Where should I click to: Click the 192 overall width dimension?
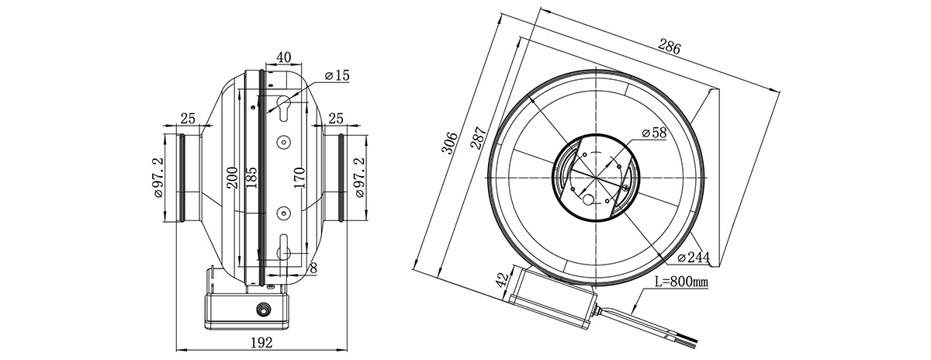pyautogui.click(x=262, y=343)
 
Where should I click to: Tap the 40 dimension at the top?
pyautogui.click(x=283, y=57)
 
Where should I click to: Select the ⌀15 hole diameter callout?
pyautogui.click(x=338, y=76)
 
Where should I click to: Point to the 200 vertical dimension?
pyautogui.click(x=232, y=178)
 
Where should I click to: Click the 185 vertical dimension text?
pyautogui.click(x=251, y=178)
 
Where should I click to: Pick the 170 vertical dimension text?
pyautogui.click(x=299, y=178)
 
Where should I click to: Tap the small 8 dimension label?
pyautogui.click(x=313, y=268)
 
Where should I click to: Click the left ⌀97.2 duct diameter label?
pyautogui.click(x=160, y=178)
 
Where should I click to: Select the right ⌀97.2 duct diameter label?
pyautogui.click(x=358, y=178)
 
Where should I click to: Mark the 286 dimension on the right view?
pyautogui.click(x=670, y=47)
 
